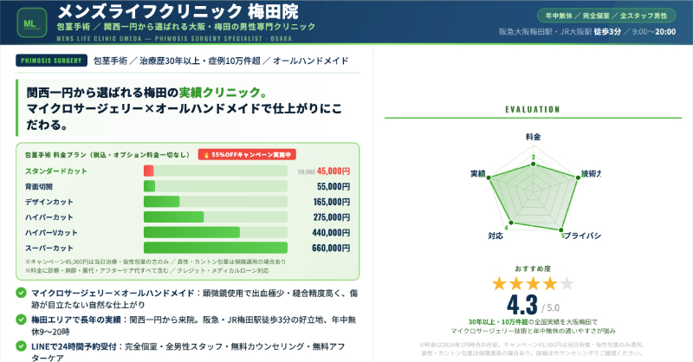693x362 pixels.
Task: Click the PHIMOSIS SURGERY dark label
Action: (x=51, y=61)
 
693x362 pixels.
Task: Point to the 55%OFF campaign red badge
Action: (x=247, y=154)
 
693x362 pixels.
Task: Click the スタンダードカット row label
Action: (x=55, y=171)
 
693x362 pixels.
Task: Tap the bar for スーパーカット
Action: (x=215, y=248)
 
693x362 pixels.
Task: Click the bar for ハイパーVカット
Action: (x=191, y=232)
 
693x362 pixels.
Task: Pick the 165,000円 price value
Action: (x=330, y=202)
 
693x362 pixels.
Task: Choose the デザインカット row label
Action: (x=49, y=202)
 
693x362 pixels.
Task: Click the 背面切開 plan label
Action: (x=39, y=186)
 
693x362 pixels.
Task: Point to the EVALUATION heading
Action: (x=532, y=110)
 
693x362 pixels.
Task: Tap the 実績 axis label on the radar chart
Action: (x=477, y=173)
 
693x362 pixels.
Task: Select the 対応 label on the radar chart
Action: (x=495, y=235)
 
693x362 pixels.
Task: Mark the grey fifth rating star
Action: (x=567, y=283)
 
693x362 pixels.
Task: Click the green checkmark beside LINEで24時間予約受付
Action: (x=21, y=347)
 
